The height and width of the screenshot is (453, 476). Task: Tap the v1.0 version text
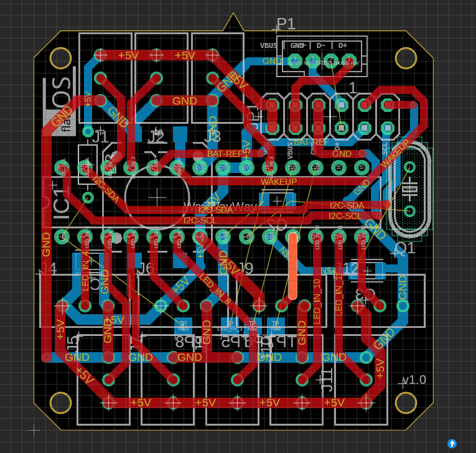pyautogui.click(x=414, y=380)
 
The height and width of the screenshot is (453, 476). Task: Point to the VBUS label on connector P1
pyautogui.click(x=269, y=45)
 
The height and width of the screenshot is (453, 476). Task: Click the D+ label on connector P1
pyautogui.click(x=342, y=45)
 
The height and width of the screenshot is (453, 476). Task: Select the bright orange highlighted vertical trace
pyautogui.click(x=292, y=265)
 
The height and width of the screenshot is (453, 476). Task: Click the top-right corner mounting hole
pyautogui.click(x=406, y=58)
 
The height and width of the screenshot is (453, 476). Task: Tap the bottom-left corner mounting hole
pyautogui.click(x=60, y=403)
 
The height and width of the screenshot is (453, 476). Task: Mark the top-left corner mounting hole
pyautogui.click(x=60, y=58)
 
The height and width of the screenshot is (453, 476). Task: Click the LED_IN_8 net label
pyautogui.click(x=215, y=290)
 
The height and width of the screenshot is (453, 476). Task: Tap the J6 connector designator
pyautogui.click(x=144, y=268)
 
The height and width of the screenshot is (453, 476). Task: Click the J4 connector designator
pyautogui.click(x=48, y=269)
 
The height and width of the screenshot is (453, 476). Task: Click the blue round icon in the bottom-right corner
pyautogui.click(x=452, y=443)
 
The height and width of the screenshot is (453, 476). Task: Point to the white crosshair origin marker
pyautogui.click(x=34, y=429)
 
